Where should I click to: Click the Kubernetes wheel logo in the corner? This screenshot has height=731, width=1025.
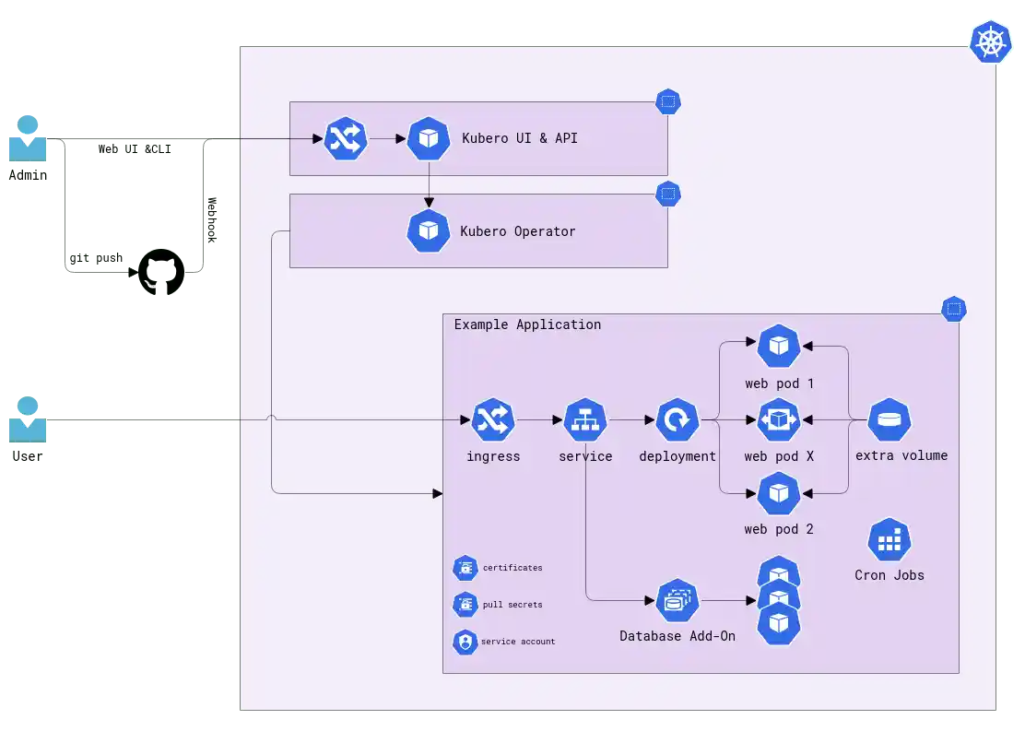[991, 41]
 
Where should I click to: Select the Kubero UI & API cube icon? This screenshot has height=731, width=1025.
[429, 138]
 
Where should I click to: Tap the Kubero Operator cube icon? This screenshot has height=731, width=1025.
[429, 230]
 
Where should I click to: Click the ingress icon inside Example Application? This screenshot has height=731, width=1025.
[493, 420]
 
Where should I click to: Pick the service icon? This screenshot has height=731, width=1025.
[585, 420]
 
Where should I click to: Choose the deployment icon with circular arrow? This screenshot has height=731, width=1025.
[677, 420]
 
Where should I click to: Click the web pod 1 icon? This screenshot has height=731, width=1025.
[779, 347]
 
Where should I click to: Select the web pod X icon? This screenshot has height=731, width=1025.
[779, 420]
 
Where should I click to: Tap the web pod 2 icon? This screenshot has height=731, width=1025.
[779, 494]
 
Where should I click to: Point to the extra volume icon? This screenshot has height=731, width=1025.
[890, 420]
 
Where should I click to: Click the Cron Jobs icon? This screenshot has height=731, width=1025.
[890, 540]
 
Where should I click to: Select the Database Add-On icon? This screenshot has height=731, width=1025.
[677, 602]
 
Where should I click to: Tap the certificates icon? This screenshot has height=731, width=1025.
[465, 568]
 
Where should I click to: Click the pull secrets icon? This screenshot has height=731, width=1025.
[465, 605]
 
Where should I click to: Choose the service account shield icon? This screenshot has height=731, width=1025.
[465, 642]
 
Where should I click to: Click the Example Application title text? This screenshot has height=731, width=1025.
[527, 324]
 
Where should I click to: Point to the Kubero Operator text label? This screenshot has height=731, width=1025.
[518, 231]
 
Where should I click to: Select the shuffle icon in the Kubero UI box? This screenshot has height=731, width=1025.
[347, 139]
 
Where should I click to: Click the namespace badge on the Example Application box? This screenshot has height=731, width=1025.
[953, 309]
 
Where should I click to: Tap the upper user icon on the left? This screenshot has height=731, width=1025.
[28, 138]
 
